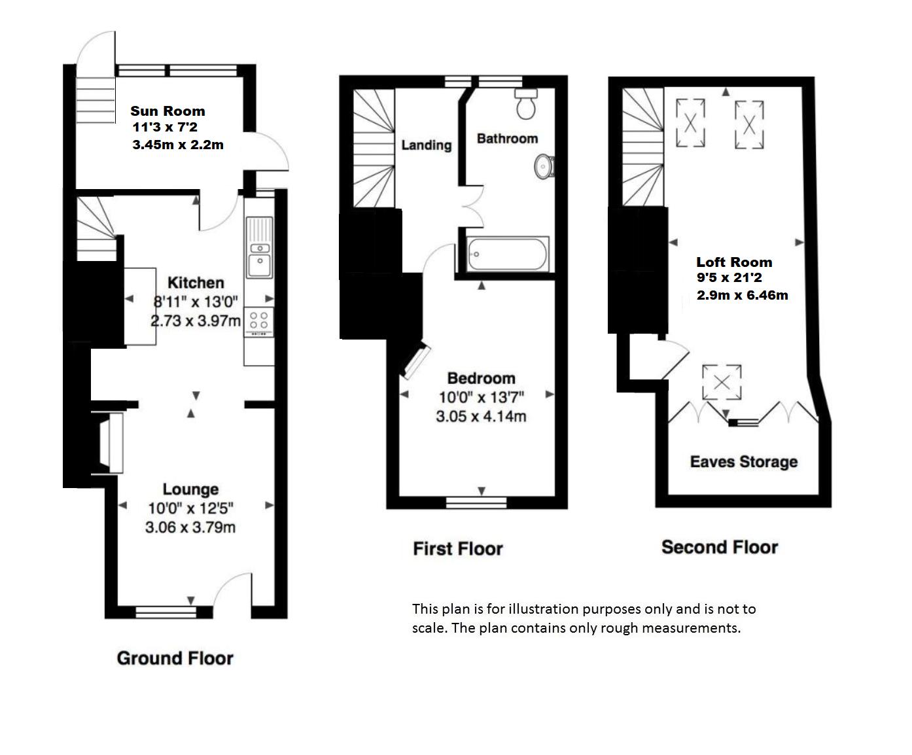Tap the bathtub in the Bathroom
pyautogui.click(x=507, y=254)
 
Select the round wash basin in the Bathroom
pyautogui.click(x=544, y=166)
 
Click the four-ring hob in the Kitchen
pyautogui.click(x=258, y=322)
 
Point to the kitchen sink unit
pyautogui.click(x=260, y=248)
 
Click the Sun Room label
pyautogui.click(x=167, y=111)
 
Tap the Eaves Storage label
pyautogui.click(x=744, y=462)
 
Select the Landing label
pyautogui.click(x=427, y=145)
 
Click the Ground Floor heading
pyautogui.click(x=175, y=658)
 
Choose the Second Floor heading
pyautogui.click(x=720, y=547)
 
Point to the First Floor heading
pyautogui.click(x=458, y=549)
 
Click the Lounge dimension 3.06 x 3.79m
pyautogui.click(x=190, y=527)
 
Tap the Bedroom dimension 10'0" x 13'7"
pyautogui.click(x=482, y=398)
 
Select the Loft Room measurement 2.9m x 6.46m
pyautogui.click(x=743, y=295)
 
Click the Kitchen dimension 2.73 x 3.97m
pyautogui.click(x=196, y=321)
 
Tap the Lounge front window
pyautogui.click(x=166, y=612)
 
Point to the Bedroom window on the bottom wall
pyautogui.click(x=476, y=502)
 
